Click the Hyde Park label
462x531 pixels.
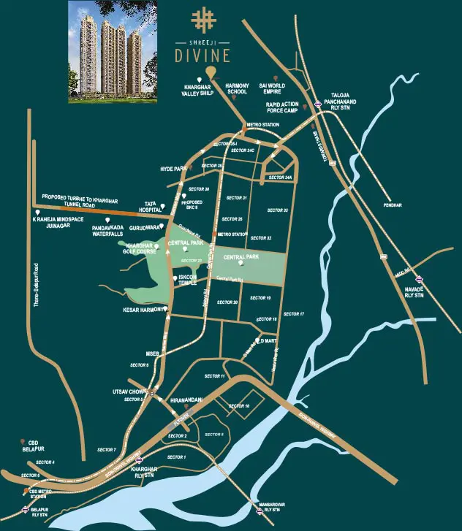[x=170, y=169]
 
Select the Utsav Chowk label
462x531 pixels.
[x=135, y=393]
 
